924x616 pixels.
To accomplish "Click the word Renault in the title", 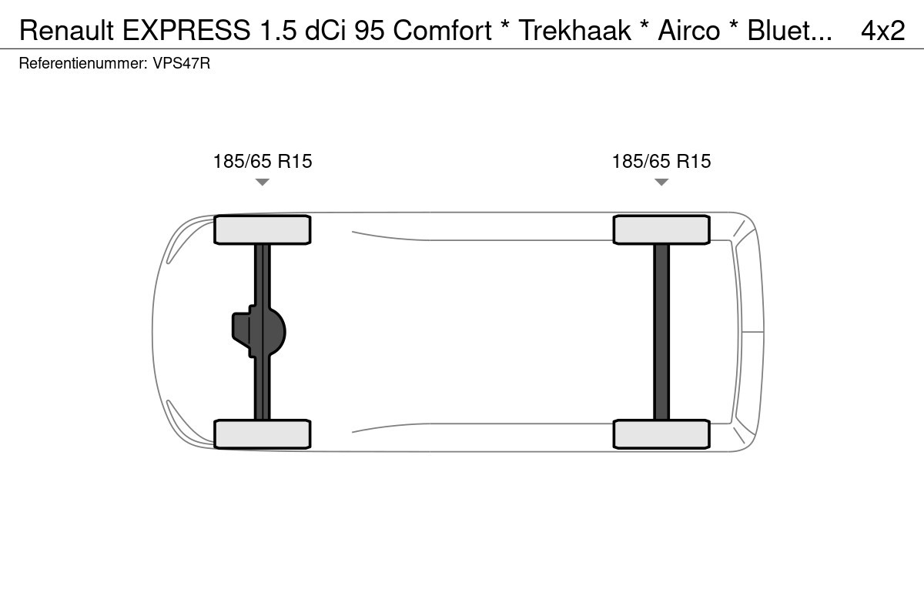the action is click(x=66, y=31).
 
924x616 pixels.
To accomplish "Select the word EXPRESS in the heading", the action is click(x=186, y=31).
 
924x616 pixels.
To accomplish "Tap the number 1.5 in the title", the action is click(x=278, y=31).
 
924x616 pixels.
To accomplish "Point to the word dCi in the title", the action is click(x=325, y=31).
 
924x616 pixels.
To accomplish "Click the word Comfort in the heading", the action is click(x=442, y=31).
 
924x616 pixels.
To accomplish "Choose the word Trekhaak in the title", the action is click(x=574, y=31).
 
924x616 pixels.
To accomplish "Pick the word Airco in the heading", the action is click(x=689, y=31).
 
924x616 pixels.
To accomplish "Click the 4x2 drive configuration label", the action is click(x=882, y=31).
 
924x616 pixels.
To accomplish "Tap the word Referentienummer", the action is click(x=83, y=63).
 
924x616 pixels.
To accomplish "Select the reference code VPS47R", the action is click(x=182, y=63).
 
